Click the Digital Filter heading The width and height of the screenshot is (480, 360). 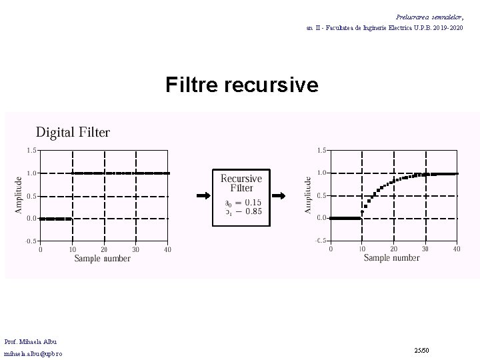[73, 132]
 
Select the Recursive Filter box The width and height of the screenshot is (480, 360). [241, 197]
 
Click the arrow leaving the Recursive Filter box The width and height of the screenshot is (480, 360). [280, 196]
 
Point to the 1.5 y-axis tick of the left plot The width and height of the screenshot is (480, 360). [31, 151]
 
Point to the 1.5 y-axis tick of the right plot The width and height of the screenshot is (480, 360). [321, 151]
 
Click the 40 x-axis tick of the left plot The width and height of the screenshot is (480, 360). [167, 249]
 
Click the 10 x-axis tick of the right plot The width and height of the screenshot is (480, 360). [362, 249]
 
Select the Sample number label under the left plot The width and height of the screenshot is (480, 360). [103, 258]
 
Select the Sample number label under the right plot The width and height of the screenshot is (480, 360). [392, 258]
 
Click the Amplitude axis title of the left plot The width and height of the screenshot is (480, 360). [18, 194]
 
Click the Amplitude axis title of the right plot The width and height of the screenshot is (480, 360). [308, 194]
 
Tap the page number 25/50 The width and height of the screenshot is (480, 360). [421, 349]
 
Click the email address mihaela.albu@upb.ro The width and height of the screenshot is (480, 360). [33, 353]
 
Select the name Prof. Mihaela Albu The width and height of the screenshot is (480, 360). [30, 341]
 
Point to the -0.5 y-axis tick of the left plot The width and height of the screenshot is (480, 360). [31, 241]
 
